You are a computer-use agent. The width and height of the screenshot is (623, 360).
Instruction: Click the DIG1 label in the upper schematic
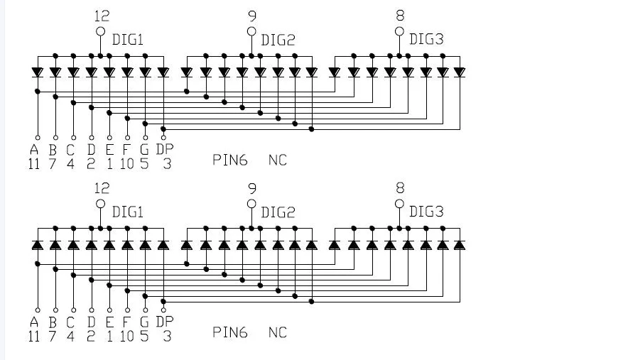[128, 40]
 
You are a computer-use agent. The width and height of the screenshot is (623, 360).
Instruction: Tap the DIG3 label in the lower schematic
[426, 212]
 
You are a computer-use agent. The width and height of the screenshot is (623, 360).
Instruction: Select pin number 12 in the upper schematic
[102, 16]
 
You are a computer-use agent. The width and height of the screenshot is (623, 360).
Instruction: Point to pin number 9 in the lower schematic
[252, 188]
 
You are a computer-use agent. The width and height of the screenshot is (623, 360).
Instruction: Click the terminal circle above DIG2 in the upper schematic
[251, 31]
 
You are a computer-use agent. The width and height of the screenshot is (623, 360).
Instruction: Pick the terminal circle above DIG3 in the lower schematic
[399, 204]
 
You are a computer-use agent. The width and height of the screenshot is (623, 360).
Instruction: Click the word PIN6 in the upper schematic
[230, 160]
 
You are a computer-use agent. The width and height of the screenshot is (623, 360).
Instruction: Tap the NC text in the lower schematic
[277, 332]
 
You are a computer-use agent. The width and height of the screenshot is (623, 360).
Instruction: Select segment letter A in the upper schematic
[34, 149]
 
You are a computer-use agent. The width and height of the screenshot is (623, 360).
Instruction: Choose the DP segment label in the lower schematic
[165, 322]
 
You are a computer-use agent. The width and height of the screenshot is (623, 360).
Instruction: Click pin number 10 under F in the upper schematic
[126, 163]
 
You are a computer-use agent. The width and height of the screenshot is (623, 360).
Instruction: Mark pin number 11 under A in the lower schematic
[34, 336]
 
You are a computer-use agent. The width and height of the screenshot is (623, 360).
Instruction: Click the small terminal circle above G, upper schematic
[145, 138]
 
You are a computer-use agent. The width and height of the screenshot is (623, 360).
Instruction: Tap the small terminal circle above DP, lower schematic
[163, 310]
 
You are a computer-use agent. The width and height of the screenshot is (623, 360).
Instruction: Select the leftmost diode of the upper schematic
[38, 72]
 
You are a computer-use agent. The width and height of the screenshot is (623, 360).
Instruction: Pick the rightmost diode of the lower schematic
[460, 245]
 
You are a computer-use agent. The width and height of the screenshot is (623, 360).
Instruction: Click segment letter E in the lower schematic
[109, 322]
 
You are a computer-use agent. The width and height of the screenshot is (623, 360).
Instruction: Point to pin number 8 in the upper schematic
[400, 16]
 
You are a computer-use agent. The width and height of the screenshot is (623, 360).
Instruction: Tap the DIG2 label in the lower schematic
[278, 212]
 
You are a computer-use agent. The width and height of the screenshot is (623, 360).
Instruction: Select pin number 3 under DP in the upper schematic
[167, 163]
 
